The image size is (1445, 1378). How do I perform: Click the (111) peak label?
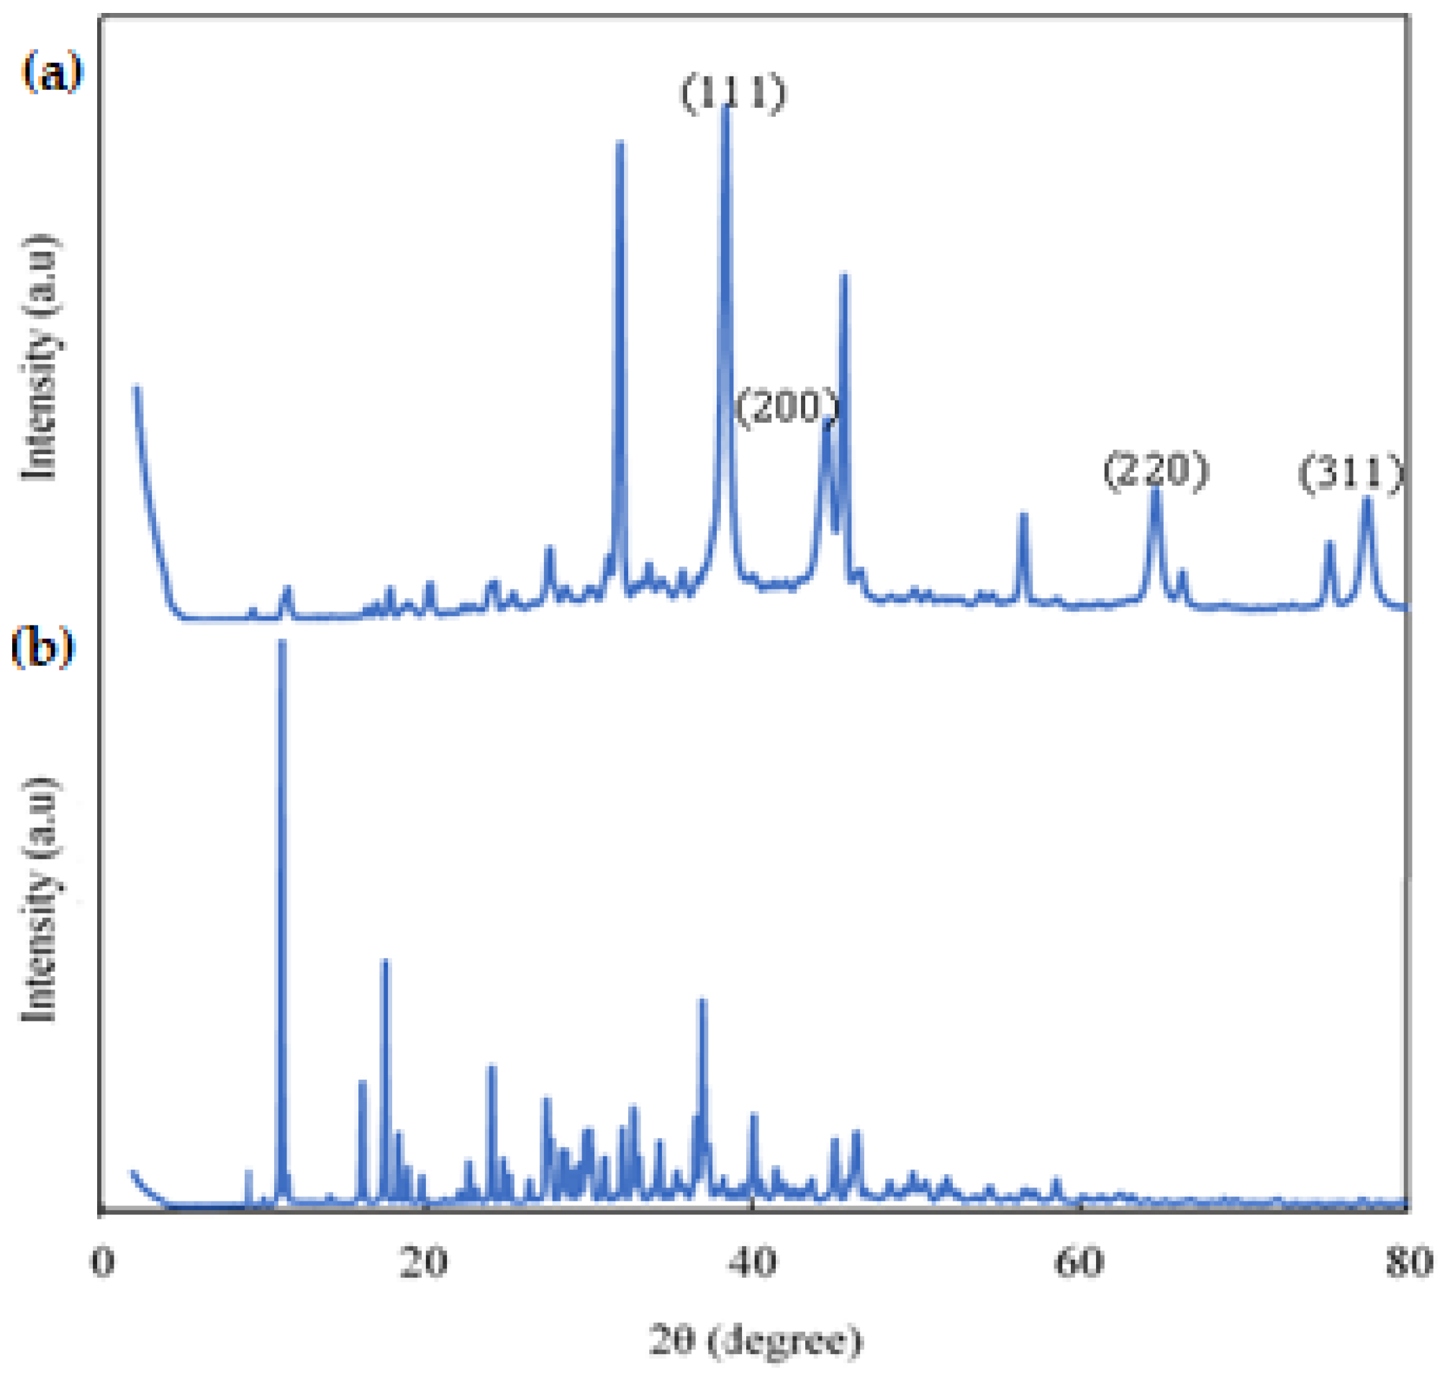(733, 94)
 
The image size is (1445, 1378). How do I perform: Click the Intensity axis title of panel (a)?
(38, 358)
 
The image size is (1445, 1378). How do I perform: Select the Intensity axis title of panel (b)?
(38, 898)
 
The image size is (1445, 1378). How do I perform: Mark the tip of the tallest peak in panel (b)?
(281, 642)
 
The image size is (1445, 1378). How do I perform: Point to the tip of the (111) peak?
(725, 107)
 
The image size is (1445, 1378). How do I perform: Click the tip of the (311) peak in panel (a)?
(1367, 499)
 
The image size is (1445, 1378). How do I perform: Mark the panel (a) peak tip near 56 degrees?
(1023, 514)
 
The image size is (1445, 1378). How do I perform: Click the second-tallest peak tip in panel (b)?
(385, 960)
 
